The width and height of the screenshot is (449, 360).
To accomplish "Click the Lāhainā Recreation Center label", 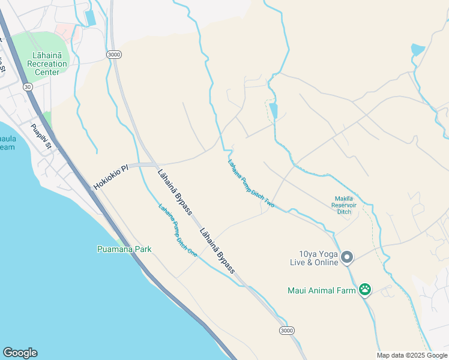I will tap(47, 64).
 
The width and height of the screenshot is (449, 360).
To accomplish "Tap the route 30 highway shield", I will tap(28, 87).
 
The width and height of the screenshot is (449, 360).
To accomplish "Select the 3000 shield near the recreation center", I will tap(114, 55).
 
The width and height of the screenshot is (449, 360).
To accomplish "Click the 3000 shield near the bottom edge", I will tap(287, 331).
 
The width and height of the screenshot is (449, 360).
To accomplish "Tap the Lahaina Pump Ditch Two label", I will tap(250, 183).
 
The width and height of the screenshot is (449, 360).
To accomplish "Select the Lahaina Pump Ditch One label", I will tap(178, 231).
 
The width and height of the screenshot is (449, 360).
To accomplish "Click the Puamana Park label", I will tap(124, 249).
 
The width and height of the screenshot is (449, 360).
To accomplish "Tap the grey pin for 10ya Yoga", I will tap(347, 258).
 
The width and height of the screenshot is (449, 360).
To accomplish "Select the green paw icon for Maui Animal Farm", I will tap(365, 290).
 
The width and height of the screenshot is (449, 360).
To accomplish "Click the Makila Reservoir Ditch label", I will tap(344, 205).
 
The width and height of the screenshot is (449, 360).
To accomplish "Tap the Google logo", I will tap(20, 353).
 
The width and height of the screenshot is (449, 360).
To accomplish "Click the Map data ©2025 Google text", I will tap(411, 355).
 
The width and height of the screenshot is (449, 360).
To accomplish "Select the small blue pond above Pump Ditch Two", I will tap(274, 110).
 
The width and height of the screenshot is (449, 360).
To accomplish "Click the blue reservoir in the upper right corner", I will tap(418, 50).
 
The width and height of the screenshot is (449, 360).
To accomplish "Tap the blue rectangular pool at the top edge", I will tap(91, 18).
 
